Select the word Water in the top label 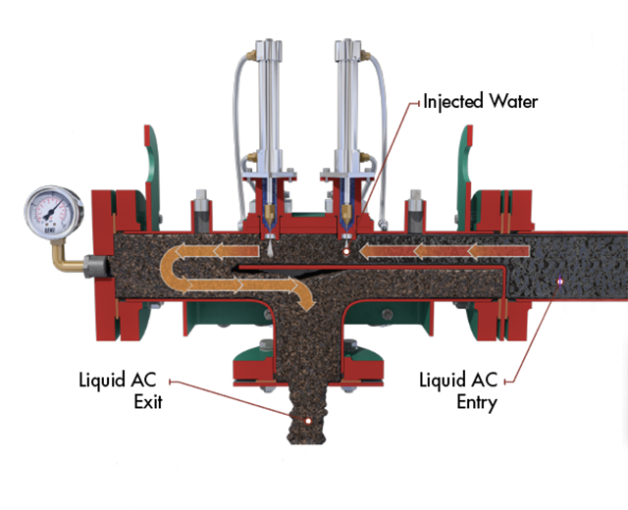(514, 102)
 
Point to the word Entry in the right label (477, 401)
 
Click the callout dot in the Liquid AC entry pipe (559, 281)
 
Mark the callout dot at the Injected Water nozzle (345, 251)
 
